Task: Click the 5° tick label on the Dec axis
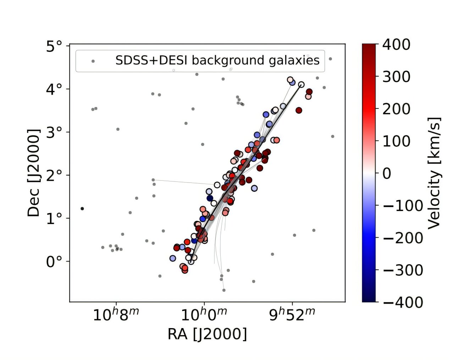(x=54, y=46)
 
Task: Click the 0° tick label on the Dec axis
(x=54, y=262)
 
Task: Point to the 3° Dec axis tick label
(x=54, y=133)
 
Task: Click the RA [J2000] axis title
(x=207, y=334)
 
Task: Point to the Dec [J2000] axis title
(x=34, y=173)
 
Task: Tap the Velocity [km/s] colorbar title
(x=434, y=173)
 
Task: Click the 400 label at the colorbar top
(x=396, y=45)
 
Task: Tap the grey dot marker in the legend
(x=93, y=61)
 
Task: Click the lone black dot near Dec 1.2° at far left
(x=82, y=209)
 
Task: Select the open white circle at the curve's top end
(x=301, y=84)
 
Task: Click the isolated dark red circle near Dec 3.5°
(x=299, y=110)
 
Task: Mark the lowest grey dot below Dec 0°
(x=224, y=290)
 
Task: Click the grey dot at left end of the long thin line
(x=153, y=180)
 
